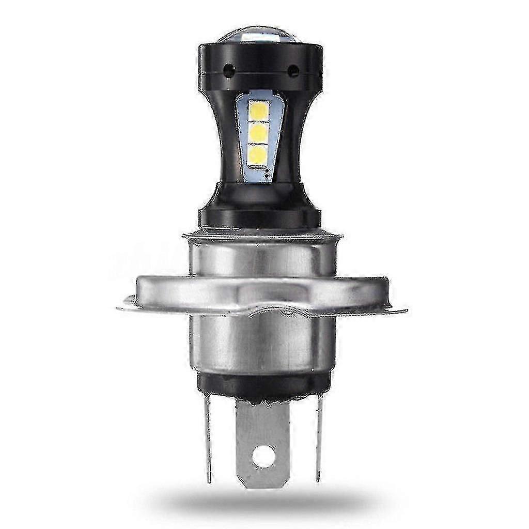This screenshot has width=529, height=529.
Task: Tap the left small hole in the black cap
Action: point(228,68)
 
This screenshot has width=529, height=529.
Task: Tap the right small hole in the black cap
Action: point(293,68)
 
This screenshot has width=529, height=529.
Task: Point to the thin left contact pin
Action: point(208,439)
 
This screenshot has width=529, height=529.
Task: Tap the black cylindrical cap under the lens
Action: point(260,65)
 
